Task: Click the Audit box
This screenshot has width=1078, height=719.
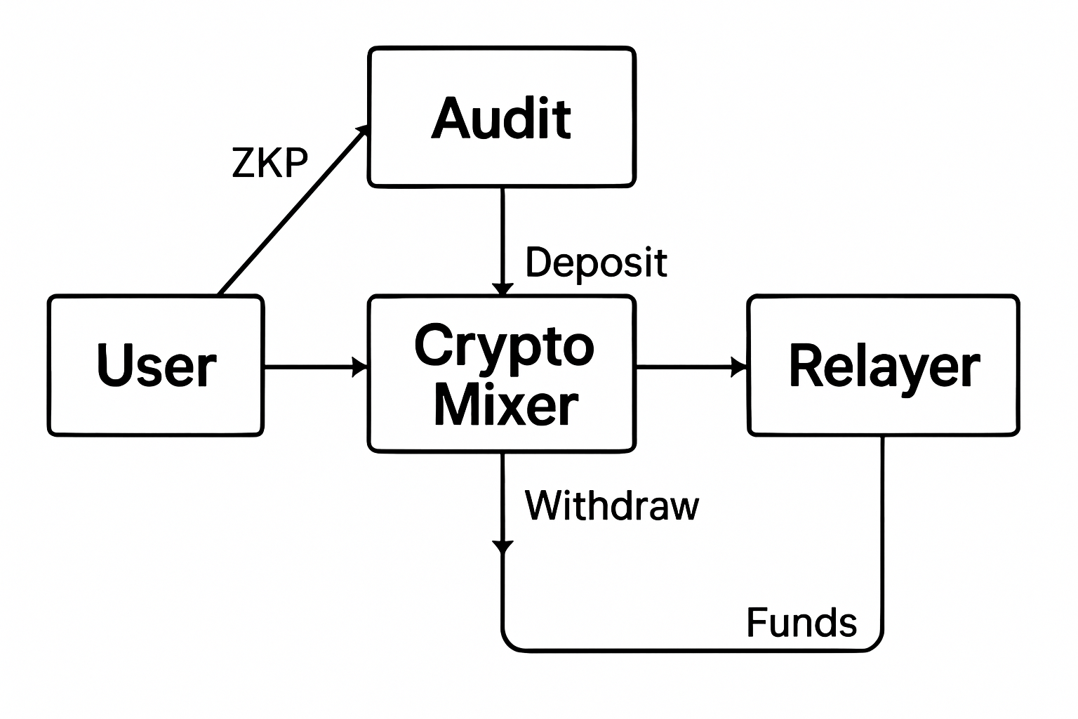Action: pos(502,117)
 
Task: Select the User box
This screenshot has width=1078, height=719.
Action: pos(156,365)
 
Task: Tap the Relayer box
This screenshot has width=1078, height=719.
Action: pos(884,365)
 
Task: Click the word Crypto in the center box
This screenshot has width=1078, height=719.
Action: pos(503,345)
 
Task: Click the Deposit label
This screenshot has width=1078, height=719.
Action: pos(596,263)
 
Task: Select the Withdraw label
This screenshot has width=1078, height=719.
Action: pos(611,505)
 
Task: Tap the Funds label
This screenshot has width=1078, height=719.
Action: pos(801,622)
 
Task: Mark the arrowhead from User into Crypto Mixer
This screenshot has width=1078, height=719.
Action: pos(361,367)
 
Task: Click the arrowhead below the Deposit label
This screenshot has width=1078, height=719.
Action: pos(503,289)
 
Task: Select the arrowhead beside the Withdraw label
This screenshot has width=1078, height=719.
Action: pos(503,547)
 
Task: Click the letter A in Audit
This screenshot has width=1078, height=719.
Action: pos(450,118)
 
